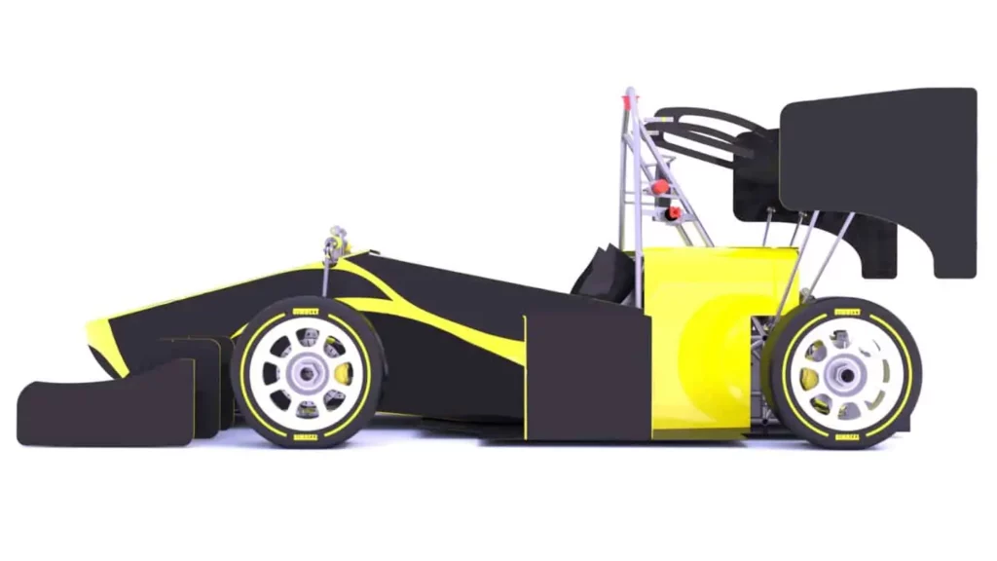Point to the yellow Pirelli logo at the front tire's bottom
[305, 437]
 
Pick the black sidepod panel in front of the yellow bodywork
[587, 375]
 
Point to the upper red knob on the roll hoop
[660, 186]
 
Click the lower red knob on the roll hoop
[674, 211]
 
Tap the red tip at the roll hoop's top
[630, 95]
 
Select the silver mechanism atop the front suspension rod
[338, 240]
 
